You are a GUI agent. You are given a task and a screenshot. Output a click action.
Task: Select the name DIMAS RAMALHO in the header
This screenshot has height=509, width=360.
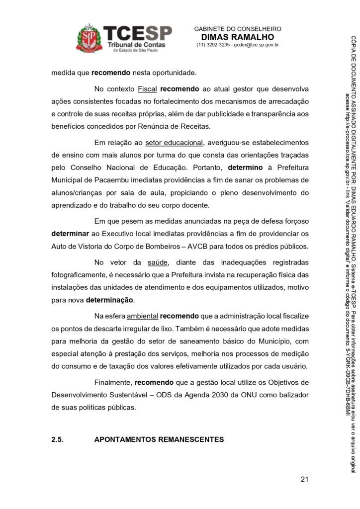(237, 37)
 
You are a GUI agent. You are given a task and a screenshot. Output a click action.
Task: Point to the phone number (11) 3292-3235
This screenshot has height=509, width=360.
(213, 45)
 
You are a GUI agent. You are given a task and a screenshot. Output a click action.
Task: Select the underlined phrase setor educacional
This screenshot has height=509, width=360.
(174, 143)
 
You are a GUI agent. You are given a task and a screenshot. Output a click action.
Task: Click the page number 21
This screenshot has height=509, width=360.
(305, 480)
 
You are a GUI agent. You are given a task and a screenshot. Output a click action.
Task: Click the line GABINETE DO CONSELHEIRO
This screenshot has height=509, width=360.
(237, 29)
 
